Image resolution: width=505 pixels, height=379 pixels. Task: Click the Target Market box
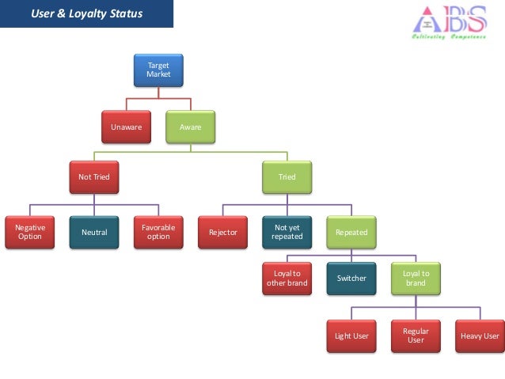(x=158, y=70)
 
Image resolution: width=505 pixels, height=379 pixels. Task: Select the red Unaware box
(x=126, y=127)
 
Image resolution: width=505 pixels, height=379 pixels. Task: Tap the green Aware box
(x=190, y=127)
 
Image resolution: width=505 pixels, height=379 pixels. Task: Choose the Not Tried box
(x=94, y=176)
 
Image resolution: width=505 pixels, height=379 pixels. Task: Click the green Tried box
(x=287, y=176)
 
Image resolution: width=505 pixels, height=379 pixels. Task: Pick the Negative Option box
(x=30, y=233)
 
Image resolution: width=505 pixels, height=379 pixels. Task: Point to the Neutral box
(x=94, y=233)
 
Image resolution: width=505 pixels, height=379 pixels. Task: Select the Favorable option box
(x=158, y=233)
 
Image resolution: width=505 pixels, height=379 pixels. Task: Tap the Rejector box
(x=222, y=233)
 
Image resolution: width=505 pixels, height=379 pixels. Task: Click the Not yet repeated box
(x=287, y=233)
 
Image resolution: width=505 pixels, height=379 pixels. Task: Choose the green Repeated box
(x=351, y=233)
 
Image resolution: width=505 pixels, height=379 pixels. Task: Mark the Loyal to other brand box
(x=287, y=279)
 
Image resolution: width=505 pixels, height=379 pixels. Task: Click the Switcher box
(x=351, y=279)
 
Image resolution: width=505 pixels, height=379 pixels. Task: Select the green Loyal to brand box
(x=415, y=279)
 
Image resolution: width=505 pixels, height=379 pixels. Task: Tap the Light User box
(x=351, y=335)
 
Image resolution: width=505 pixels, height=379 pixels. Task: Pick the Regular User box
(x=415, y=335)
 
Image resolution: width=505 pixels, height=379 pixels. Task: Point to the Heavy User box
(x=479, y=335)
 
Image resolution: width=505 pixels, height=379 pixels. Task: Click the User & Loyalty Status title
(x=87, y=13)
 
